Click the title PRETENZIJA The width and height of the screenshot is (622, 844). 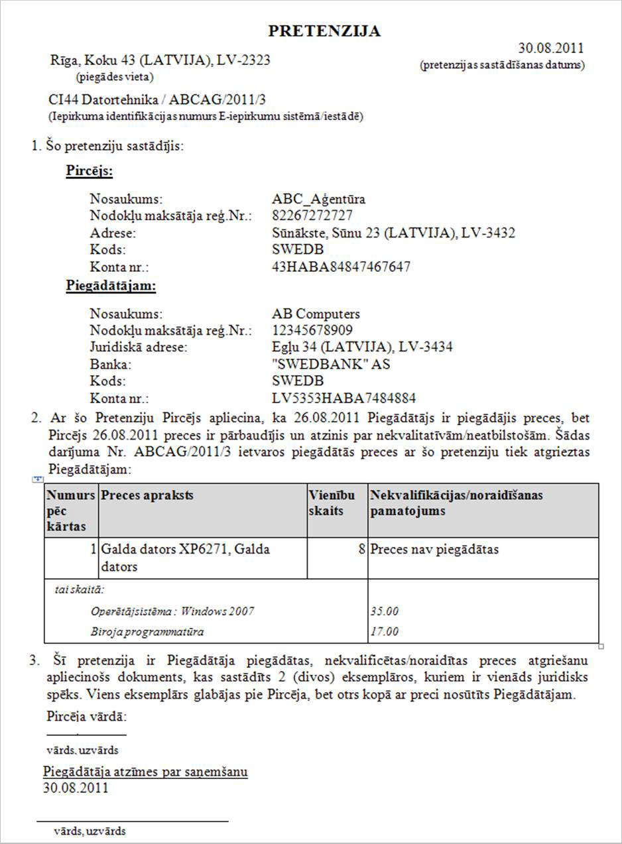pos(324,31)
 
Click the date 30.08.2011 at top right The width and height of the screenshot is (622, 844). pos(550,48)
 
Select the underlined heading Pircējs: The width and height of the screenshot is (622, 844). pos(90,171)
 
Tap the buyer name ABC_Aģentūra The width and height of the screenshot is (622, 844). pos(318,199)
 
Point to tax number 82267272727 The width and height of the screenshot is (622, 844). pos(312,215)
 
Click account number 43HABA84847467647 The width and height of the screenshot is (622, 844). pos(341,267)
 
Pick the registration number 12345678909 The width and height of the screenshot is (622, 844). pos(312,330)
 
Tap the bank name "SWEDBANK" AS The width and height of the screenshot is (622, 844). pos(331,364)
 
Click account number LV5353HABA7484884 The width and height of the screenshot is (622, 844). pos(344,398)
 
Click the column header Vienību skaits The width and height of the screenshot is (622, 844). pos(331,503)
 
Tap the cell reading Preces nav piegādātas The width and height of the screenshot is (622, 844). pos(434,549)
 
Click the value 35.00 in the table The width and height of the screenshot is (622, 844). pos(385,611)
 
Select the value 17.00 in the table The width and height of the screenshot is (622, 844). pos(385,631)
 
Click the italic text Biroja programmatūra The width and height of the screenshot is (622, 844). pos(147,631)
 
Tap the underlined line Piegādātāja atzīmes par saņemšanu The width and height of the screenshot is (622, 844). pos(145,772)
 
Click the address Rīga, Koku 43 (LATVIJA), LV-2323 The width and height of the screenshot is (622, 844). pos(160,60)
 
